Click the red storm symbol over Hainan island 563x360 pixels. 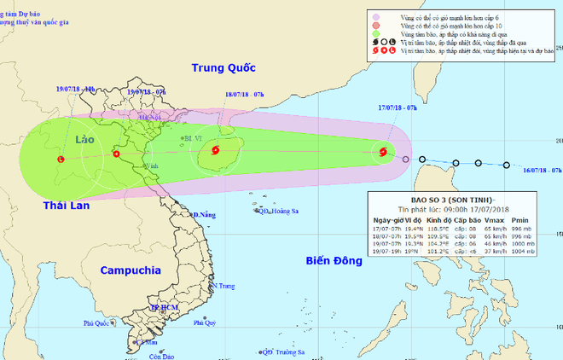pos(214,153)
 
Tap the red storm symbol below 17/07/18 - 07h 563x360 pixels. pos(381,154)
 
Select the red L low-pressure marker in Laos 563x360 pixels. pos(61,159)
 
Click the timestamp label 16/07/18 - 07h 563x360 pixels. pos(541,171)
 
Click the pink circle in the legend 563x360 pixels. pos(375,15)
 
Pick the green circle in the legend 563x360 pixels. pos(375,40)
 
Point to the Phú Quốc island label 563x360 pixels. pos(98,323)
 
